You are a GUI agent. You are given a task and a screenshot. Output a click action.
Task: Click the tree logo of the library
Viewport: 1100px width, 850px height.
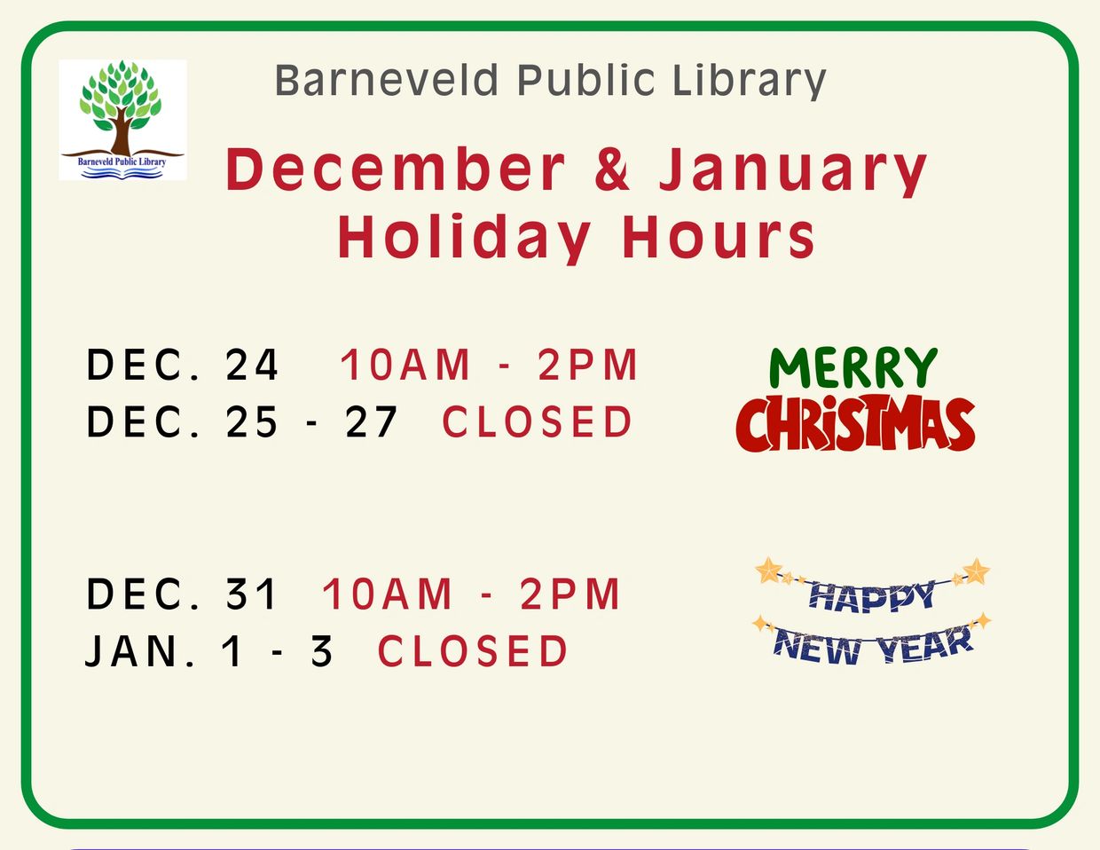122,120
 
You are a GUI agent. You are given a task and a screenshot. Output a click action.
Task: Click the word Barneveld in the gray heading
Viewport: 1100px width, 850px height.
387,80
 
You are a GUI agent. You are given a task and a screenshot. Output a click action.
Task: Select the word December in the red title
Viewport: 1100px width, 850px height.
395,169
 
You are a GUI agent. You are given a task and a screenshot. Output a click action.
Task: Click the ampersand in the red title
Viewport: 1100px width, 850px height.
612,169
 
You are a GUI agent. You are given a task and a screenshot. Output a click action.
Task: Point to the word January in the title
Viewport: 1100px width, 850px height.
793,172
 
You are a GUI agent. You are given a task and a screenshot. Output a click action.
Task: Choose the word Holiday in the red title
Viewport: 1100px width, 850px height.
464,238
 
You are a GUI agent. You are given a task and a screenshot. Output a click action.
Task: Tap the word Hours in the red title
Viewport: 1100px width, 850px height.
719,237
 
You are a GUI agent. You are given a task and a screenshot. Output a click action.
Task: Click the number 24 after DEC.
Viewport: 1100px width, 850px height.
252,365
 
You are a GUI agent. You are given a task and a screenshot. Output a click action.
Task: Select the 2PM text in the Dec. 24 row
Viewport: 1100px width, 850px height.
587,365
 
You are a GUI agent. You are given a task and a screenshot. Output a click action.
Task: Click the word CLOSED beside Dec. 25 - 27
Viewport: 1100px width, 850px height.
537,421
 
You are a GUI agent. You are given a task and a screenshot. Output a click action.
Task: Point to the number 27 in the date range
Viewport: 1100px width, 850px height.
371,421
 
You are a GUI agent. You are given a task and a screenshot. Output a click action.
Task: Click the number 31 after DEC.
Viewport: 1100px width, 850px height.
250,594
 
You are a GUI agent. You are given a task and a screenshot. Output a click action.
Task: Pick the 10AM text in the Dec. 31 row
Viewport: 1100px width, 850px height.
386,594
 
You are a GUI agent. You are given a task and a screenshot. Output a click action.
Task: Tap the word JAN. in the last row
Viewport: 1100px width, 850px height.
139,650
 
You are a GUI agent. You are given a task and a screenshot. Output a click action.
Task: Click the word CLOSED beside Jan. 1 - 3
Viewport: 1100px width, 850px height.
472,650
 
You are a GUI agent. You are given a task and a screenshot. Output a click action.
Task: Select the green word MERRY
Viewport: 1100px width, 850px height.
853,368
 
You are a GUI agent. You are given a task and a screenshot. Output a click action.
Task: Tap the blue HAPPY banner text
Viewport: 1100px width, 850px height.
872,596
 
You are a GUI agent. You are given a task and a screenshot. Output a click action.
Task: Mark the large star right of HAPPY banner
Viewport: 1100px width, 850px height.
976,571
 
